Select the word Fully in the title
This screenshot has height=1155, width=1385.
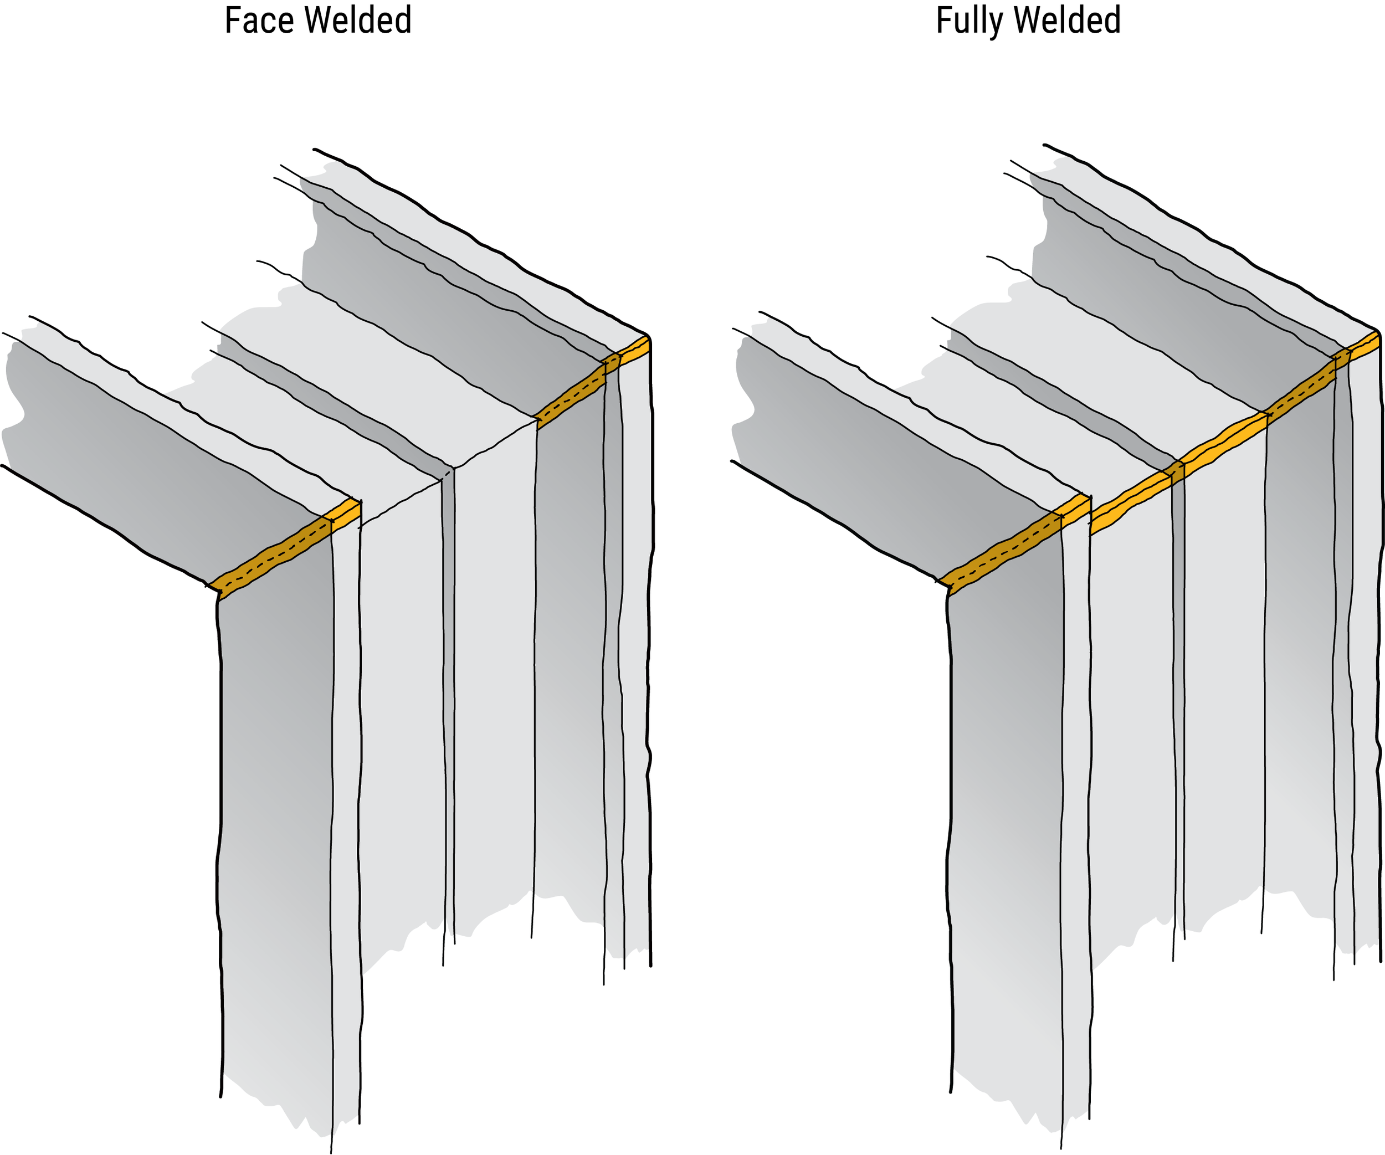(968, 20)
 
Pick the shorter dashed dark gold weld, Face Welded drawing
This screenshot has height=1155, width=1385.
(571, 398)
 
